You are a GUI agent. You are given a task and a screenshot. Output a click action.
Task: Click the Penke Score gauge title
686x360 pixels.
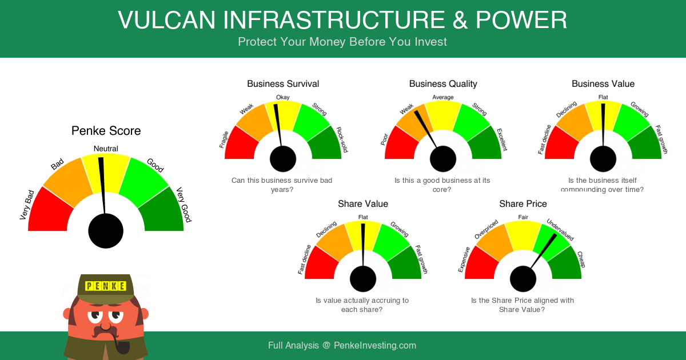pos(106,131)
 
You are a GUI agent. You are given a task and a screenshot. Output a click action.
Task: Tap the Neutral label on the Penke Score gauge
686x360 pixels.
pos(106,149)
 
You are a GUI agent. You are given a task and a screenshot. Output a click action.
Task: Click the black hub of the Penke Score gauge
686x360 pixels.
pos(106,231)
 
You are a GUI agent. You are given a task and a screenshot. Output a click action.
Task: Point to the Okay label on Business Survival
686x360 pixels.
pos(282,97)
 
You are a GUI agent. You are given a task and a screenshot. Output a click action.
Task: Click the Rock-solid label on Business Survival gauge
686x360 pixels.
pos(342,139)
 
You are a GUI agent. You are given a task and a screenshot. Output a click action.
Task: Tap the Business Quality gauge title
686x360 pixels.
pos(443,84)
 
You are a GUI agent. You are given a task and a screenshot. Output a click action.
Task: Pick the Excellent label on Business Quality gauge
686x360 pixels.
pos(502,139)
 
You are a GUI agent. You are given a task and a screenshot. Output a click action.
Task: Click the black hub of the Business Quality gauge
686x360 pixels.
pos(443,159)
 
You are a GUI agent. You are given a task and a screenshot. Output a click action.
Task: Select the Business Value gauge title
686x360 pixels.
pos(603,84)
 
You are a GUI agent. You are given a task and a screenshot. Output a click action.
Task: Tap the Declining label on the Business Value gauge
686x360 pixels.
pos(567,109)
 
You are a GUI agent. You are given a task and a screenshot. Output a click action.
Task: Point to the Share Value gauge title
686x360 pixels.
pos(363,204)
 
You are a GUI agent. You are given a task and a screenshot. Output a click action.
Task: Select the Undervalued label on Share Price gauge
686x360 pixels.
pos(560,230)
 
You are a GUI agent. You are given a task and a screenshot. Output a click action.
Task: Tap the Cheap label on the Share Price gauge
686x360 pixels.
pos(581,259)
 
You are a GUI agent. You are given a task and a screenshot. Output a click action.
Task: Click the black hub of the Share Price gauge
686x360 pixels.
pos(523,279)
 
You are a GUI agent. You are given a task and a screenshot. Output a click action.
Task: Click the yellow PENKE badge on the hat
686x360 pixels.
pos(106,286)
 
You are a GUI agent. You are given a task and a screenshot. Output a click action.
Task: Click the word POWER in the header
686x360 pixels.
pos(521,20)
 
